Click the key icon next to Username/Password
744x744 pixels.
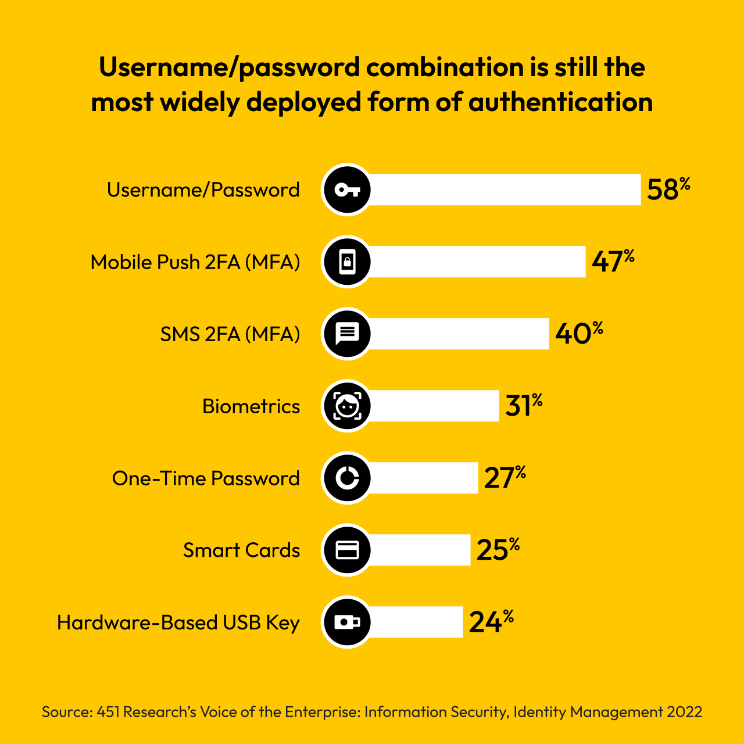(347, 189)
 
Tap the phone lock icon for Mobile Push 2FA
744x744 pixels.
(347, 262)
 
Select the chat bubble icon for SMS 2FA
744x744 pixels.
(347, 334)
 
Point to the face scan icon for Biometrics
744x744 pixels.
(347, 406)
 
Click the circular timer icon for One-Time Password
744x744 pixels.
(347, 478)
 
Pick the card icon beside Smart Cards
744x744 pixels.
(347, 550)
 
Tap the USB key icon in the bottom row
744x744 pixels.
(347, 622)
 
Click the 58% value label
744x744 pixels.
(668, 189)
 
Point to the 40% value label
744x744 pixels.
(578, 334)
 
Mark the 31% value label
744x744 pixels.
(523, 406)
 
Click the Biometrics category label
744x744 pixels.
(251, 406)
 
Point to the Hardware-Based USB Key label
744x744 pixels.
(178, 623)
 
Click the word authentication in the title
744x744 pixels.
(560, 102)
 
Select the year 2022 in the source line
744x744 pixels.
(685, 712)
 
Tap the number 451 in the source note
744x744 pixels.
(108, 712)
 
